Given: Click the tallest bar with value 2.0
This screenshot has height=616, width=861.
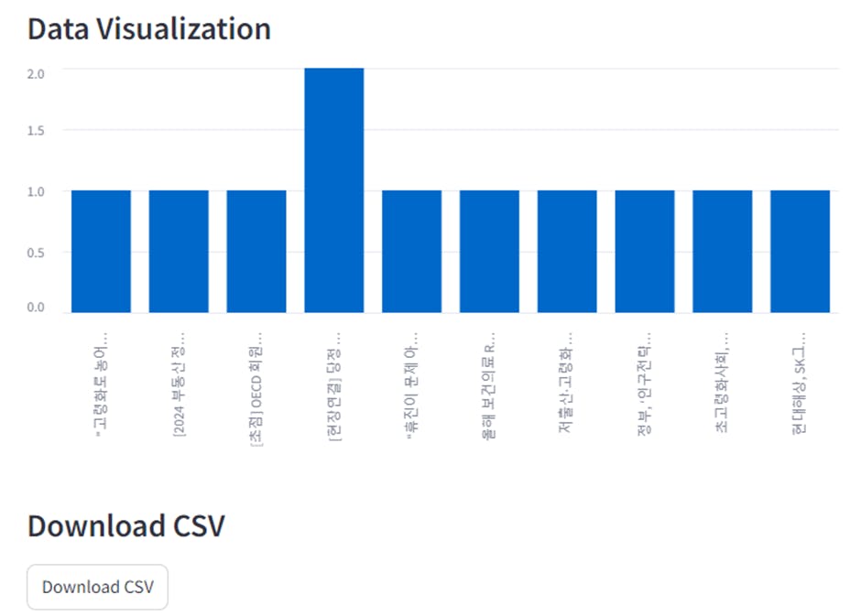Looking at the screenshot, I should [334, 190].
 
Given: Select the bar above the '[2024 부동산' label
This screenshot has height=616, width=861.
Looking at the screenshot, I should [179, 252].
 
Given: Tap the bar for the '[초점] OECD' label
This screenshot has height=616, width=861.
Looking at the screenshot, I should [256, 252].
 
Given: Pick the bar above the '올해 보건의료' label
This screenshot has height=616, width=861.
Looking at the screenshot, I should [489, 252].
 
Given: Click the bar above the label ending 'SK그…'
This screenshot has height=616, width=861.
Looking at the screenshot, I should [800, 252].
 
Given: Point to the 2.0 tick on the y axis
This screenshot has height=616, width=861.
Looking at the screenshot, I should [36, 74].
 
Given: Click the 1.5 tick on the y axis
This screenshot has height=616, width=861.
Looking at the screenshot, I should [36, 131].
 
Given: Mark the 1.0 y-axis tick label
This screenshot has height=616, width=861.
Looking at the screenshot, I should [36, 191].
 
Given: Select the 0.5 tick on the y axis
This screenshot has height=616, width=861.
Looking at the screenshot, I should [36, 253].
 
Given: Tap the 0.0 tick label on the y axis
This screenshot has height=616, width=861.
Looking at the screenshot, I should [36, 308].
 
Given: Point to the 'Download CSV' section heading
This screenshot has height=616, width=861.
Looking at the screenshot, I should [125, 526].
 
